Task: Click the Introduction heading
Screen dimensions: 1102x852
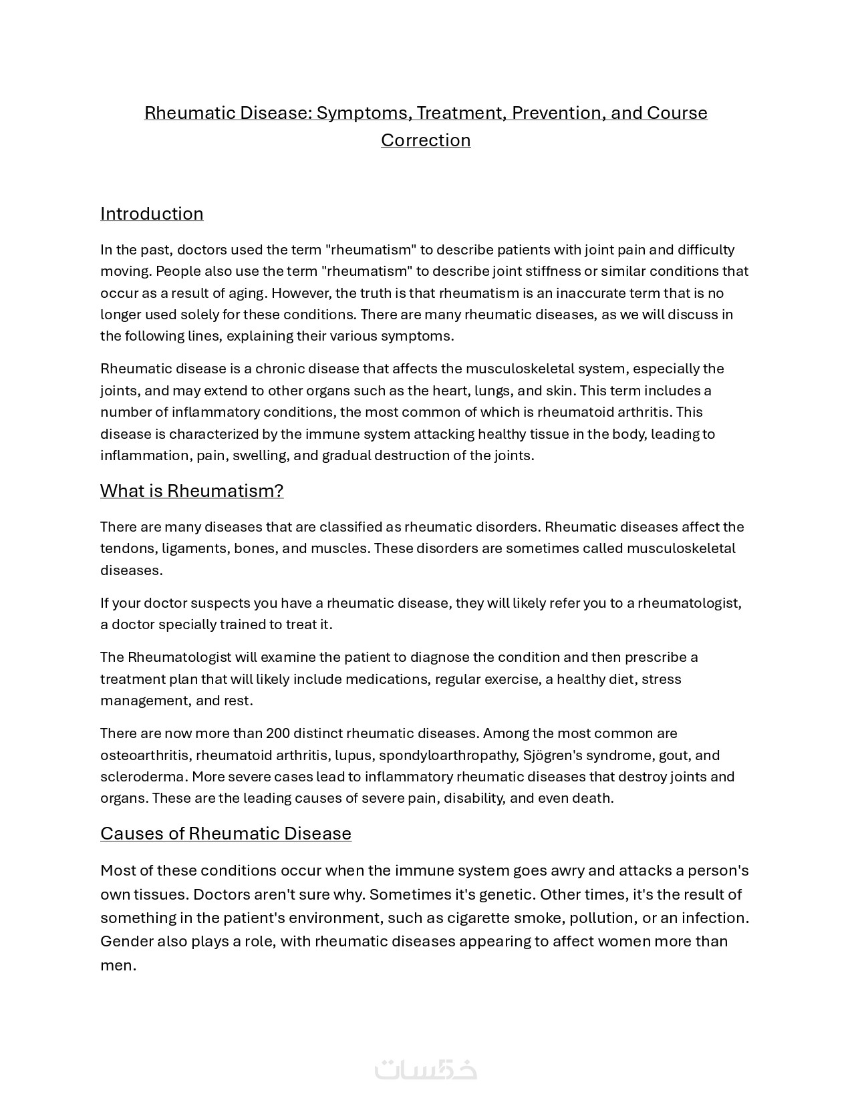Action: click(x=152, y=214)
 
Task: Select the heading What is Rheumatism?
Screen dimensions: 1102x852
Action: click(x=192, y=491)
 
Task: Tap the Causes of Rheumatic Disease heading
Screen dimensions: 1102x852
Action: click(x=225, y=834)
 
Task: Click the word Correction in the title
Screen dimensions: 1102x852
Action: click(x=426, y=140)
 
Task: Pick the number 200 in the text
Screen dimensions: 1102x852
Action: click(x=277, y=733)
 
